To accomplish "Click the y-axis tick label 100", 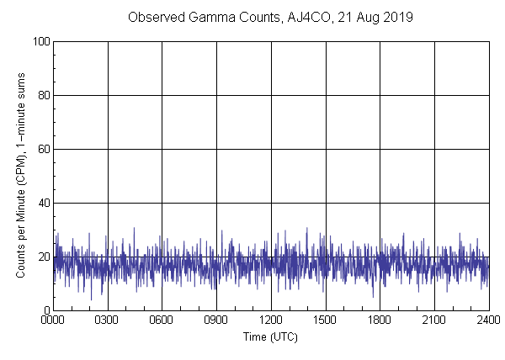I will [40, 41].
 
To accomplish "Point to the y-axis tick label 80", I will [43, 95].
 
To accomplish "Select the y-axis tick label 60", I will [43, 149].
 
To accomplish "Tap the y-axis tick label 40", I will [43, 203].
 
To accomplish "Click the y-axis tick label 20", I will [43, 257].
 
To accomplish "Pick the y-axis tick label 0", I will [45, 310].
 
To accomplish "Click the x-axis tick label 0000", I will [53, 321].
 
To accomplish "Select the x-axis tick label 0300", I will [108, 321].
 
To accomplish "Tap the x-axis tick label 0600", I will [162, 321].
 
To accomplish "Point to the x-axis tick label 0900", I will [216, 321].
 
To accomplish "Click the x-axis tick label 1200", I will [271, 321].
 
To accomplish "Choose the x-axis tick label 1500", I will [325, 321].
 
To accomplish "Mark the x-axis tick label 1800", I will [380, 321].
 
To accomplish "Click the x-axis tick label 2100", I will [434, 321].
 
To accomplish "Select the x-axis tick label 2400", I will [488, 321].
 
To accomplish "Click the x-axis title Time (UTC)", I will [270, 336].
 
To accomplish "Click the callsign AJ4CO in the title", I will [306, 17].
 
